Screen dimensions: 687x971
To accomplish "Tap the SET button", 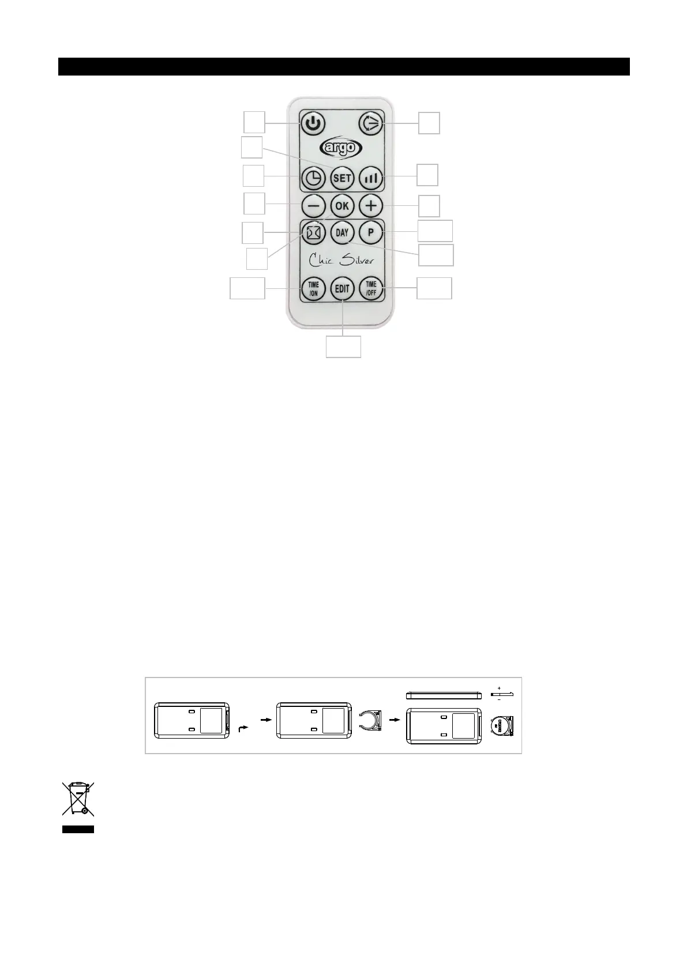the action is [x=342, y=178].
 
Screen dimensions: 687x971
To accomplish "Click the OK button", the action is [x=342, y=205].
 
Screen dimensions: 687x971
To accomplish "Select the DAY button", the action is [x=342, y=233].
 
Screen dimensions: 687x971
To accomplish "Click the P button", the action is [x=370, y=233].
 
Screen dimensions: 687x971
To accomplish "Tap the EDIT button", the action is [x=342, y=288].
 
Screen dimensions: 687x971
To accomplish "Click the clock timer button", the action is [x=313, y=178].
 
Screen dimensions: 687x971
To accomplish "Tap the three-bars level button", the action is [x=370, y=178].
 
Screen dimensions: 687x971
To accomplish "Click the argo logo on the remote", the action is [x=341, y=148].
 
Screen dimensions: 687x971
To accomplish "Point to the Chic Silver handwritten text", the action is [x=341, y=259].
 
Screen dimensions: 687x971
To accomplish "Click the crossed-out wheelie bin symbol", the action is [x=78, y=799].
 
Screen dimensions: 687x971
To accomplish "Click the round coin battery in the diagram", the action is [x=501, y=726].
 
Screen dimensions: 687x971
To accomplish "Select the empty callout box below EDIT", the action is [x=343, y=347].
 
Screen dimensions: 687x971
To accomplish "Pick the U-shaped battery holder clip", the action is [x=369, y=721].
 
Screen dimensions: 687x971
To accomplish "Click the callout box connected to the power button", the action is [x=254, y=123].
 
